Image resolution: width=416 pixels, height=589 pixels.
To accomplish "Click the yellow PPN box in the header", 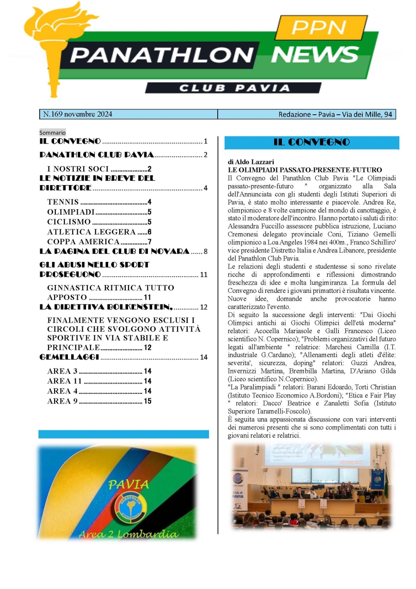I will coord(327,28).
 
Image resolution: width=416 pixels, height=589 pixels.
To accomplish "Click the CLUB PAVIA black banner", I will coord(233,88).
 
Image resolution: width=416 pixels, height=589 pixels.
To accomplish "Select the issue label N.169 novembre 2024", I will coord(78,114).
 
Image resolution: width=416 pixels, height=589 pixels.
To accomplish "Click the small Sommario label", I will coord(52,133).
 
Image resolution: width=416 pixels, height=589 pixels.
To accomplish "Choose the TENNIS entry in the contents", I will coord(63,202).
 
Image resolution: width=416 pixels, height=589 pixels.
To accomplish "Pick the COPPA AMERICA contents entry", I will coord(83,242).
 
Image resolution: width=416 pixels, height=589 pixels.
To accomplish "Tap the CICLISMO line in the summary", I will coord(69,222).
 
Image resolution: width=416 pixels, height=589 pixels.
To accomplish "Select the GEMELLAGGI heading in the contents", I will coord(69,357).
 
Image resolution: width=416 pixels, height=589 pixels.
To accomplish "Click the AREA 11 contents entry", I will coord(64,381).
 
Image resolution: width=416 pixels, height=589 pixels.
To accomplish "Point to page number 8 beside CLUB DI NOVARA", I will coord(206,252).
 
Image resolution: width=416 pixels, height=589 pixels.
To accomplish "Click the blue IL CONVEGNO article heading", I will coord(312,143).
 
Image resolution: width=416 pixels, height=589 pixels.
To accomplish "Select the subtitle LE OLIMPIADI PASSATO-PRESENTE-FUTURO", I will coord(305,170).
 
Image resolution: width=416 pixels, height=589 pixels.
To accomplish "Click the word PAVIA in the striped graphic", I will coord(128,485).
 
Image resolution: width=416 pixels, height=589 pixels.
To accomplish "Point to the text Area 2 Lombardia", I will coord(128,534).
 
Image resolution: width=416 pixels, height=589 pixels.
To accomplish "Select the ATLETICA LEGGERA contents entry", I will coord(91,232).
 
